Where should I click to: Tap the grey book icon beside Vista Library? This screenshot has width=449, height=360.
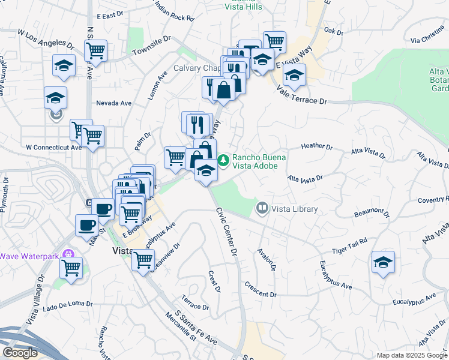coord(262,209)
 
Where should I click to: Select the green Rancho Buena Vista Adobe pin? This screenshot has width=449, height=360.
coord(223,160)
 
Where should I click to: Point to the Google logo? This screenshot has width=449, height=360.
coord(20,353)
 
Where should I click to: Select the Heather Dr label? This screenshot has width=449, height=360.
coord(316,146)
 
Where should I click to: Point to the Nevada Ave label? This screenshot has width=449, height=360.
coord(114,103)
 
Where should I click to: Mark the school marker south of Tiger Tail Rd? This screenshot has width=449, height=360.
coord(383,262)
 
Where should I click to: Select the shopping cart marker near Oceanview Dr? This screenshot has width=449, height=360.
coord(142,260)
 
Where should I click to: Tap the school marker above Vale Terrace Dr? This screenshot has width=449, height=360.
coord(294,76)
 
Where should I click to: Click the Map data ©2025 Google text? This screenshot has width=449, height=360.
coord(410,355)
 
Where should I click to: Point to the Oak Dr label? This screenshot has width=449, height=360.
coord(333,31)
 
